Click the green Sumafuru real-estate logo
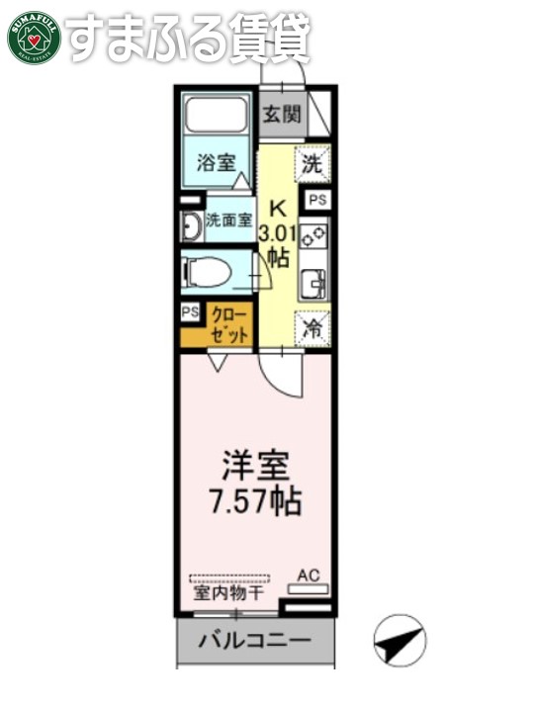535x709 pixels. pos(35,36)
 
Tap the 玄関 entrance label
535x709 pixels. pos(281,114)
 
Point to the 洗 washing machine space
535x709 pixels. pos(312,166)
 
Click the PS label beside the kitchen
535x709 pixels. pos(316,201)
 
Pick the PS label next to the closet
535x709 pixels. pos(189,313)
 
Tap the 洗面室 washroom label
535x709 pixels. pos(228,221)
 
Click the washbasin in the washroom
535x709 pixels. pos(189,226)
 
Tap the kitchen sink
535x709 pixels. pos(317,283)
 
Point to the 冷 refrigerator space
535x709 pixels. pos(314,325)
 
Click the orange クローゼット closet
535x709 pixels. pos(229,324)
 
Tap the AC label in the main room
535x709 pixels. pos(310,575)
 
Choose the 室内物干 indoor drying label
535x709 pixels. pos(228,594)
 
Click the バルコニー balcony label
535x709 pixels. pos(255,641)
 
